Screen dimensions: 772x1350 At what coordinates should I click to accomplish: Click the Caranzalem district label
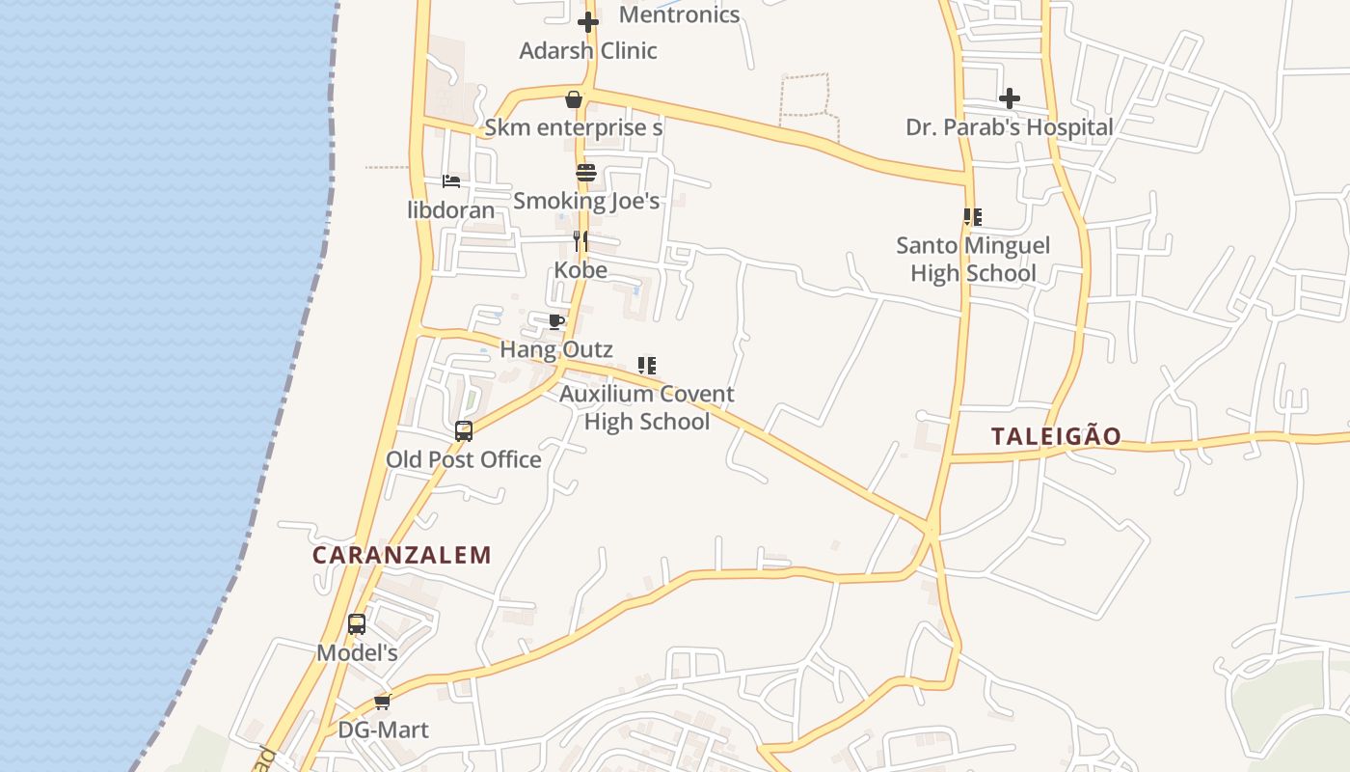[x=402, y=555]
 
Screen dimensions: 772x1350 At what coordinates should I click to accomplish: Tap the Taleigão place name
[x=1056, y=436]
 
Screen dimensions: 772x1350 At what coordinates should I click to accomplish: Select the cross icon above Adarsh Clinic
[x=588, y=22]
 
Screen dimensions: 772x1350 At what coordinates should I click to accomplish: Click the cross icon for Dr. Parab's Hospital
[x=1010, y=98]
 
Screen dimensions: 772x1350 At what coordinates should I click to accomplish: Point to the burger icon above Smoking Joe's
[x=586, y=173]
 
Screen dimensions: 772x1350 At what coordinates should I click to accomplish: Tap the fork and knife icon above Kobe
[x=580, y=241]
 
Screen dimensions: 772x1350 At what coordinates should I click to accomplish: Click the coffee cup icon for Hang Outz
[x=556, y=321]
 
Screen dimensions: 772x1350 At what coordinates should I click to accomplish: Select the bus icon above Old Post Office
[x=464, y=431]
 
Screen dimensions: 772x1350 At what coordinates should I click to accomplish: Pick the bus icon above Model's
[x=357, y=624]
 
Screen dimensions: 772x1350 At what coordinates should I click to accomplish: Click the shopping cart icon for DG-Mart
[x=383, y=702]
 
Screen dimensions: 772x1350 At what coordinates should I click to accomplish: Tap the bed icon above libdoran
[x=450, y=181]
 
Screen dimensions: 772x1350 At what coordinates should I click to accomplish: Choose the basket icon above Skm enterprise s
[x=574, y=99]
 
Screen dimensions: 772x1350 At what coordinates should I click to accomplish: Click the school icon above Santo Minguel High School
[x=973, y=217]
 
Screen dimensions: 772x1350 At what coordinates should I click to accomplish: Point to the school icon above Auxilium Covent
[x=647, y=366]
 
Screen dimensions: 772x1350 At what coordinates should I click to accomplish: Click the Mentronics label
[x=679, y=14]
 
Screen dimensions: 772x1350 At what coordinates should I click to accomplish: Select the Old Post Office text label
[x=464, y=459]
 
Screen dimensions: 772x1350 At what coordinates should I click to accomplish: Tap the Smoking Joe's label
[x=586, y=201]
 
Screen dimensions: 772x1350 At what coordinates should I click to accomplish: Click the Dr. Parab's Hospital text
[x=1010, y=126]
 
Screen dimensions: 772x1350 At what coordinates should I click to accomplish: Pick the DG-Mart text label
[x=383, y=730]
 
